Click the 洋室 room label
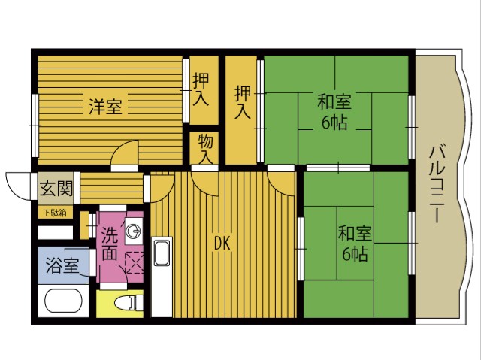click(x=105, y=107)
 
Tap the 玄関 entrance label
click(x=56, y=189)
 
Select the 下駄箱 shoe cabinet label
click(x=55, y=213)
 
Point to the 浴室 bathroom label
click(x=62, y=265)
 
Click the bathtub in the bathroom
click(x=64, y=301)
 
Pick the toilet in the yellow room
click(x=129, y=303)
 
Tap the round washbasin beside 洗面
click(x=134, y=231)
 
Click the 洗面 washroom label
click(x=110, y=244)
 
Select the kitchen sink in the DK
click(x=162, y=253)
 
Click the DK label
click(x=222, y=244)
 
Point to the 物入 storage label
click(x=205, y=149)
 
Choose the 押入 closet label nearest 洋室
click(x=201, y=90)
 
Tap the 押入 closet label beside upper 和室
click(x=243, y=102)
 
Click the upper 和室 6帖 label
click(x=334, y=112)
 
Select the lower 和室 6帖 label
click(x=355, y=244)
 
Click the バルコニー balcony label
click(x=437, y=183)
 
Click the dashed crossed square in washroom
click(x=135, y=262)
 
